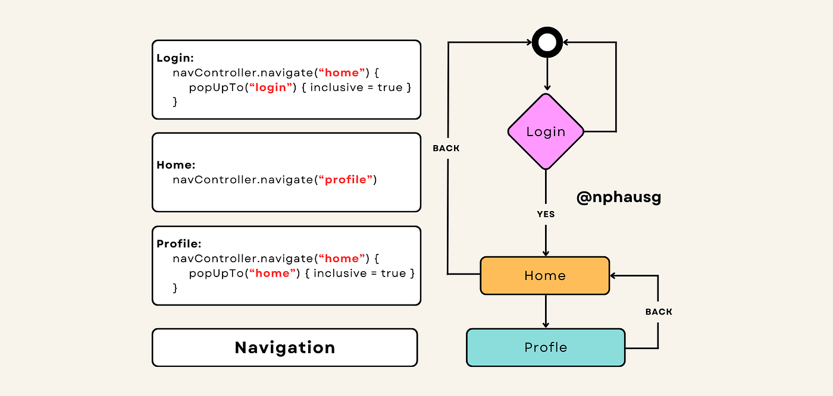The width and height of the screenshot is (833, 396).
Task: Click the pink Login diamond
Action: click(546, 132)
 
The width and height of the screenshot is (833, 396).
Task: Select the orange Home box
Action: click(545, 276)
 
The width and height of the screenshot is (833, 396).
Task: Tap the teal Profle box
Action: click(546, 347)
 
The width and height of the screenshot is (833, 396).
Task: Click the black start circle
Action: click(547, 43)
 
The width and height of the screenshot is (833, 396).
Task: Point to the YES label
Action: click(546, 214)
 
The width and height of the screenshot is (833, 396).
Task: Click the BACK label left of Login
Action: click(446, 148)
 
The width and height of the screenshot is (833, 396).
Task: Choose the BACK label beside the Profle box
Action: click(659, 312)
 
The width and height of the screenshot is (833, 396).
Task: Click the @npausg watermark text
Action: click(619, 197)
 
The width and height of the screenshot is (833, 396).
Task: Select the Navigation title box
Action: click(285, 347)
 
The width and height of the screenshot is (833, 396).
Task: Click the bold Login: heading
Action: click(176, 58)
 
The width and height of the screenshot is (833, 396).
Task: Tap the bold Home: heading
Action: click(176, 165)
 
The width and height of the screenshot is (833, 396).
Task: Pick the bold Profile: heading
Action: click(179, 244)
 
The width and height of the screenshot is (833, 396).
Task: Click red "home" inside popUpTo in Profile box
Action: click(273, 273)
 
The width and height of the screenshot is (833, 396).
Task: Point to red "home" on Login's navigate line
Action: click(343, 73)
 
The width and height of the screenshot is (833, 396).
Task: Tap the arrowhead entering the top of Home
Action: click(546, 253)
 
